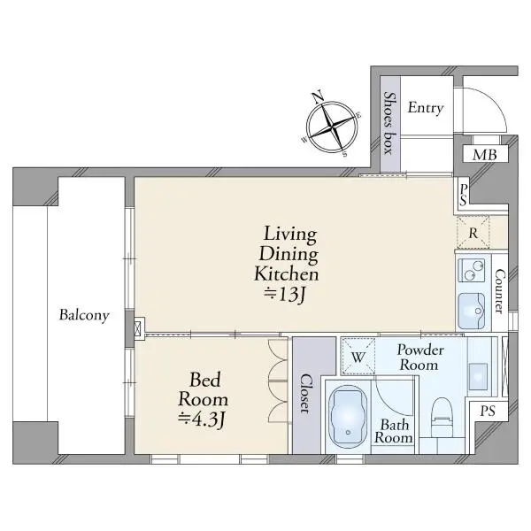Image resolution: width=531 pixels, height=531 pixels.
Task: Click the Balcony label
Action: click(84, 315)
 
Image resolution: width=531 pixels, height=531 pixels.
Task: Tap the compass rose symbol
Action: click(332, 126)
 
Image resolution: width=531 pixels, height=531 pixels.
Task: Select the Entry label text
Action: click(426, 108)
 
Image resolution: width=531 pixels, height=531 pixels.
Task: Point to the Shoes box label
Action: click(389, 123)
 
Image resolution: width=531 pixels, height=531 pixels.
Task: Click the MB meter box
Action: click(485, 155)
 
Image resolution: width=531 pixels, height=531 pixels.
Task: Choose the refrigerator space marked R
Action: click(473, 232)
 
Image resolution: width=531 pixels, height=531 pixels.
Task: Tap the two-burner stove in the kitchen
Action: click(471, 270)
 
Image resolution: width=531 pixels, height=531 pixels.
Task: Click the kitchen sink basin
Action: click(471, 311)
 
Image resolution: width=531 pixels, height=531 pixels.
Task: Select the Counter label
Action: click(499, 291)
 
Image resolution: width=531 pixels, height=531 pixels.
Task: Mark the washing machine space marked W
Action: click(358, 357)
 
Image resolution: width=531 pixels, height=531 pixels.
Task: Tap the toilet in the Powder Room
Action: click(442, 417)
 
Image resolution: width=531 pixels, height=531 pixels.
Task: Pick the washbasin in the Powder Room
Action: click(478, 376)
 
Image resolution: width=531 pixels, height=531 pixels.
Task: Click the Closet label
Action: click(305, 394)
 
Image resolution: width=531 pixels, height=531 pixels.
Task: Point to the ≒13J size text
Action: click(285, 294)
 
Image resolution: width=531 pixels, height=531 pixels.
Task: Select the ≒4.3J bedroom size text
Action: click(202, 419)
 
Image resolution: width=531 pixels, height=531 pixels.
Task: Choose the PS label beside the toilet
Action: click(488, 412)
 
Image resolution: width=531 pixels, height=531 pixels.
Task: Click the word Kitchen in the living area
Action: click(287, 273)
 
